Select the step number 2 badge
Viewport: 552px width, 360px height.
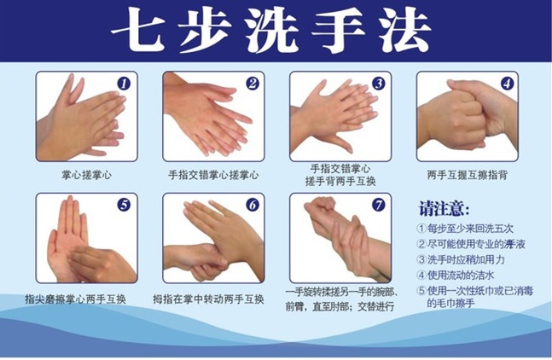click(253, 84)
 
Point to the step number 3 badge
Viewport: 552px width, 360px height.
click(379, 84)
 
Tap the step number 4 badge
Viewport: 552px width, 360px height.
click(506, 84)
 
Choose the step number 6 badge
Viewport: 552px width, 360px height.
click(253, 205)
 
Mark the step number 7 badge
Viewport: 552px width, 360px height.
click(379, 205)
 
